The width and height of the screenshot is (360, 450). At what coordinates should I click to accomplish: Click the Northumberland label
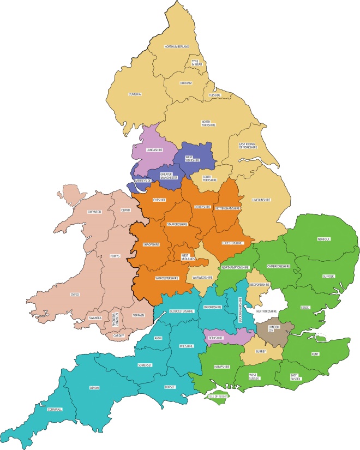pos(176,47)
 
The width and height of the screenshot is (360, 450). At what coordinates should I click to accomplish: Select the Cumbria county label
pos(135,94)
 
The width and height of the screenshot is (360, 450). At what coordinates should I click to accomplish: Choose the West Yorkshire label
pos(193,159)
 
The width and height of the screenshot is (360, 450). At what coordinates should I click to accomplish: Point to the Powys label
pos(115,255)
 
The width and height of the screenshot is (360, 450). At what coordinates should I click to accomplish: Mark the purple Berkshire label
pos(216,338)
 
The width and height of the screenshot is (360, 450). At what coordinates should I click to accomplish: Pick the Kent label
pos(315,355)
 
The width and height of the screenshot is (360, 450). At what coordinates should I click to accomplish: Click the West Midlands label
pos(188,256)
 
